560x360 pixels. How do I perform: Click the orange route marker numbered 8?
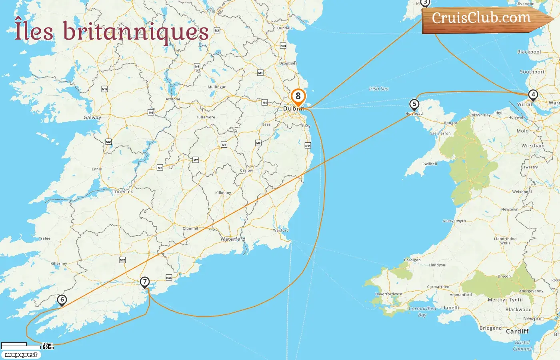298,96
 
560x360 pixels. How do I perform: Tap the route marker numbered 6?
62,300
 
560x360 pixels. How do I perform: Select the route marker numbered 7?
145,282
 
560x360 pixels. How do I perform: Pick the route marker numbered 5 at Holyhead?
414,104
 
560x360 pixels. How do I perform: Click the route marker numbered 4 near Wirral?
533,95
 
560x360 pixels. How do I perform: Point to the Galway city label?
92,118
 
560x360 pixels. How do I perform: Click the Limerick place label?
123,192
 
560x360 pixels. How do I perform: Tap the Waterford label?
233,239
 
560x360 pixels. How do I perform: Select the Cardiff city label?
517,331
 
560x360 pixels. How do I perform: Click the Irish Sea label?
378,89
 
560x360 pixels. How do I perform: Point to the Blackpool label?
529,52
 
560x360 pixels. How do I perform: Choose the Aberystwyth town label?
454,221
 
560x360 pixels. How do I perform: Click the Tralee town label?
44,238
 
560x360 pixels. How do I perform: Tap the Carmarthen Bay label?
422,312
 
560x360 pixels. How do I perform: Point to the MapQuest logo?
21,355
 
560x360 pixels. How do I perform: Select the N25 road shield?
169,278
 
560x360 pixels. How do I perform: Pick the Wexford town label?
281,230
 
